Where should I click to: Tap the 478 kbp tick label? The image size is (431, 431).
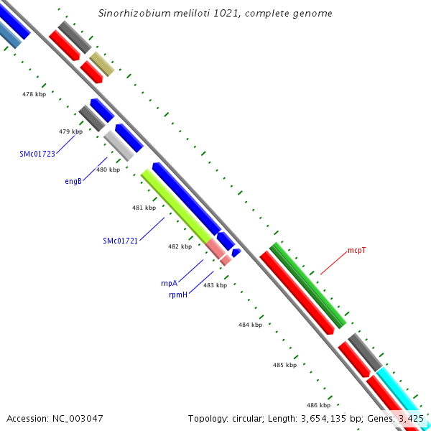click(x=34, y=94)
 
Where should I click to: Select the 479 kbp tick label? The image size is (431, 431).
click(x=70, y=131)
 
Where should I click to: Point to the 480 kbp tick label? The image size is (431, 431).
click(x=108, y=170)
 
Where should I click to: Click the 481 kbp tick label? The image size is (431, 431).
click(x=144, y=208)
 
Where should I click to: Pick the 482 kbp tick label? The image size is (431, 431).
click(x=180, y=246)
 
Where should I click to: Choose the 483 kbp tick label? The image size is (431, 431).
click(x=215, y=285)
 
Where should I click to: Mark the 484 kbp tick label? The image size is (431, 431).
click(x=250, y=325)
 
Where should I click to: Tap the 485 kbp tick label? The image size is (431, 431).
click(x=284, y=365)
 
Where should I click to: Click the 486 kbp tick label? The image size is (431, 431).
click(x=318, y=405)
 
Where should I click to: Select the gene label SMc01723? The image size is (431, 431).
click(x=37, y=154)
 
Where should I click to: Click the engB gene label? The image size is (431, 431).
click(x=73, y=181)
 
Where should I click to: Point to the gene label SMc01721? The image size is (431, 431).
click(x=120, y=241)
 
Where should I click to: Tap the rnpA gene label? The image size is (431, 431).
click(x=169, y=283)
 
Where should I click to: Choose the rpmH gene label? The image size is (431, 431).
click(x=178, y=295)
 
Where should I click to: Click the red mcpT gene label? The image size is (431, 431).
click(x=357, y=251)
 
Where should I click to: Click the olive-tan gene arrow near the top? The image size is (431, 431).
click(x=101, y=64)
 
